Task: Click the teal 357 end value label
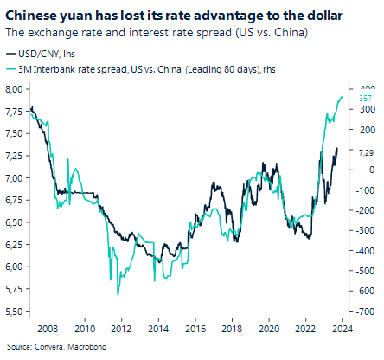point(365,98)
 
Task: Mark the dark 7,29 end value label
point(366,151)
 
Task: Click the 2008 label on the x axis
point(48,329)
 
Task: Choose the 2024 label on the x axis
point(342,329)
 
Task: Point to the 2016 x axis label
point(195,329)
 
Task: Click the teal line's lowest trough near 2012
point(117,295)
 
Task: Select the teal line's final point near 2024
point(343,98)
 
